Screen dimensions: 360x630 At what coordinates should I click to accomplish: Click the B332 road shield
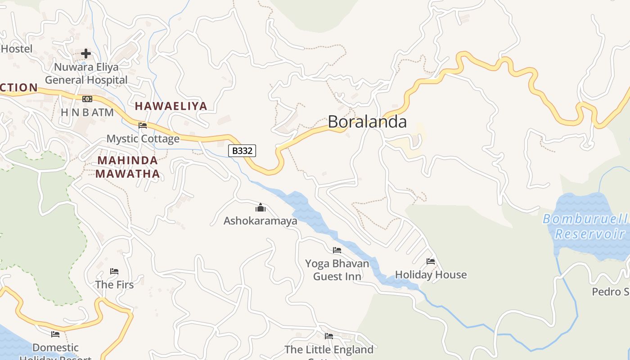coord(242,151)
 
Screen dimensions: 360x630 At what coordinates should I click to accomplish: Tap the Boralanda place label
coord(367,121)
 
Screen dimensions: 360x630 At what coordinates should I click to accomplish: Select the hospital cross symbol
coord(86,54)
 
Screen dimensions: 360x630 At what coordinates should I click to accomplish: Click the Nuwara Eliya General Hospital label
coord(86,74)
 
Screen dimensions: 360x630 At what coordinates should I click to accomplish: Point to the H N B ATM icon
coord(87,99)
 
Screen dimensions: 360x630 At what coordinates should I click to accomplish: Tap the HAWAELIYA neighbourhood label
coord(171,106)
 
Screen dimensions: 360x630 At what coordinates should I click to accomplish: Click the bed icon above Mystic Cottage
coord(143,125)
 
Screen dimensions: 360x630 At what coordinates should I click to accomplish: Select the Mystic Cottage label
coord(143,139)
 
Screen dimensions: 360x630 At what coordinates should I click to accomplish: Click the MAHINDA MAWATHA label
coord(127,167)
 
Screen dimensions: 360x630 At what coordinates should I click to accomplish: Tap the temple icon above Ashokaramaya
coord(261,207)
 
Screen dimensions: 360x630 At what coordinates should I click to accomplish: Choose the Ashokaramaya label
coord(261,221)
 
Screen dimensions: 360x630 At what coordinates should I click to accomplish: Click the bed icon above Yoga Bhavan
coord(337,250)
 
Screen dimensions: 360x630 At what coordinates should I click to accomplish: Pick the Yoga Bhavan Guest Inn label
coord(337,270)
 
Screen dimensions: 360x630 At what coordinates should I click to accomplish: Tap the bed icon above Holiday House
coord(431,261)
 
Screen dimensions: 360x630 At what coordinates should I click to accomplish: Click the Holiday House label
coord(431,274)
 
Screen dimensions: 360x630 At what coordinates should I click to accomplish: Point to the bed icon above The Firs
coord(114,271)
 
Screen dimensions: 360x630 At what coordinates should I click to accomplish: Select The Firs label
coord(114,285)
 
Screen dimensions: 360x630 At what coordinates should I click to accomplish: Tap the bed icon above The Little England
coord(329,336)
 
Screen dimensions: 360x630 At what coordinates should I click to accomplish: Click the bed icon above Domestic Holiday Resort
coord(55,334)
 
